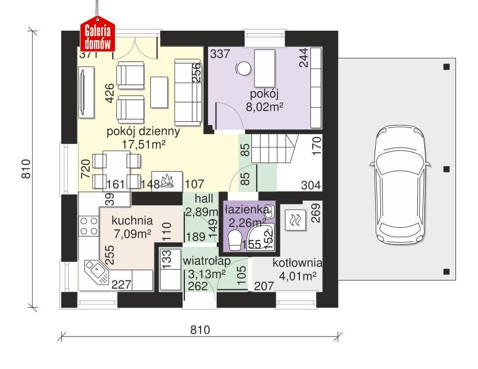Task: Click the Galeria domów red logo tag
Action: [x=98, y=35]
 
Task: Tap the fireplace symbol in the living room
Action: [x=168, y=180]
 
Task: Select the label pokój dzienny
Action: [x=143, y=131]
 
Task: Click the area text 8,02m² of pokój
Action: [x=265, y=106]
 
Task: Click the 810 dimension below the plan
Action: [x=199, y=330]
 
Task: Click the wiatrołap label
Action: [x=207, y=261]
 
